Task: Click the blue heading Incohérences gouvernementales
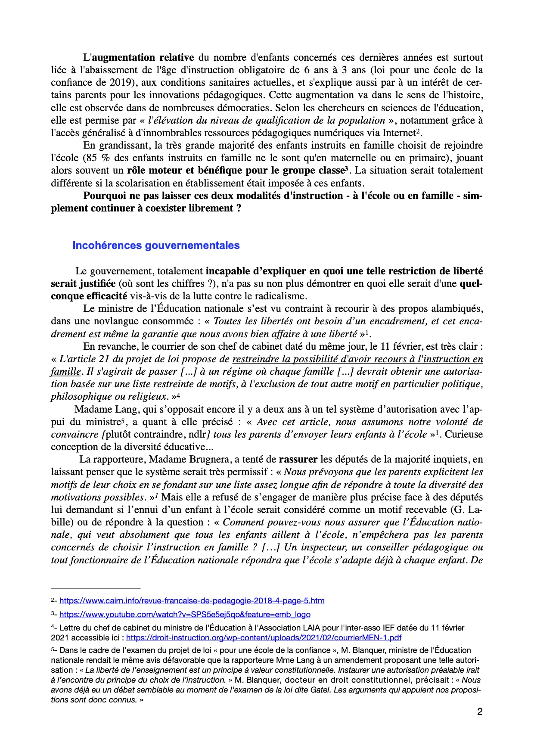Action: click(156, 245)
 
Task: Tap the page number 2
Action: click(480, 712)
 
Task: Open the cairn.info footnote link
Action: click(192, 601)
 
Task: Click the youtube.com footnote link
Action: click(185, 615)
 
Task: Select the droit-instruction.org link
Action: click(264, 638)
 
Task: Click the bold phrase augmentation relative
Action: click(143, 57)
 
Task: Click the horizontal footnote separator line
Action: click(96, 588)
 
